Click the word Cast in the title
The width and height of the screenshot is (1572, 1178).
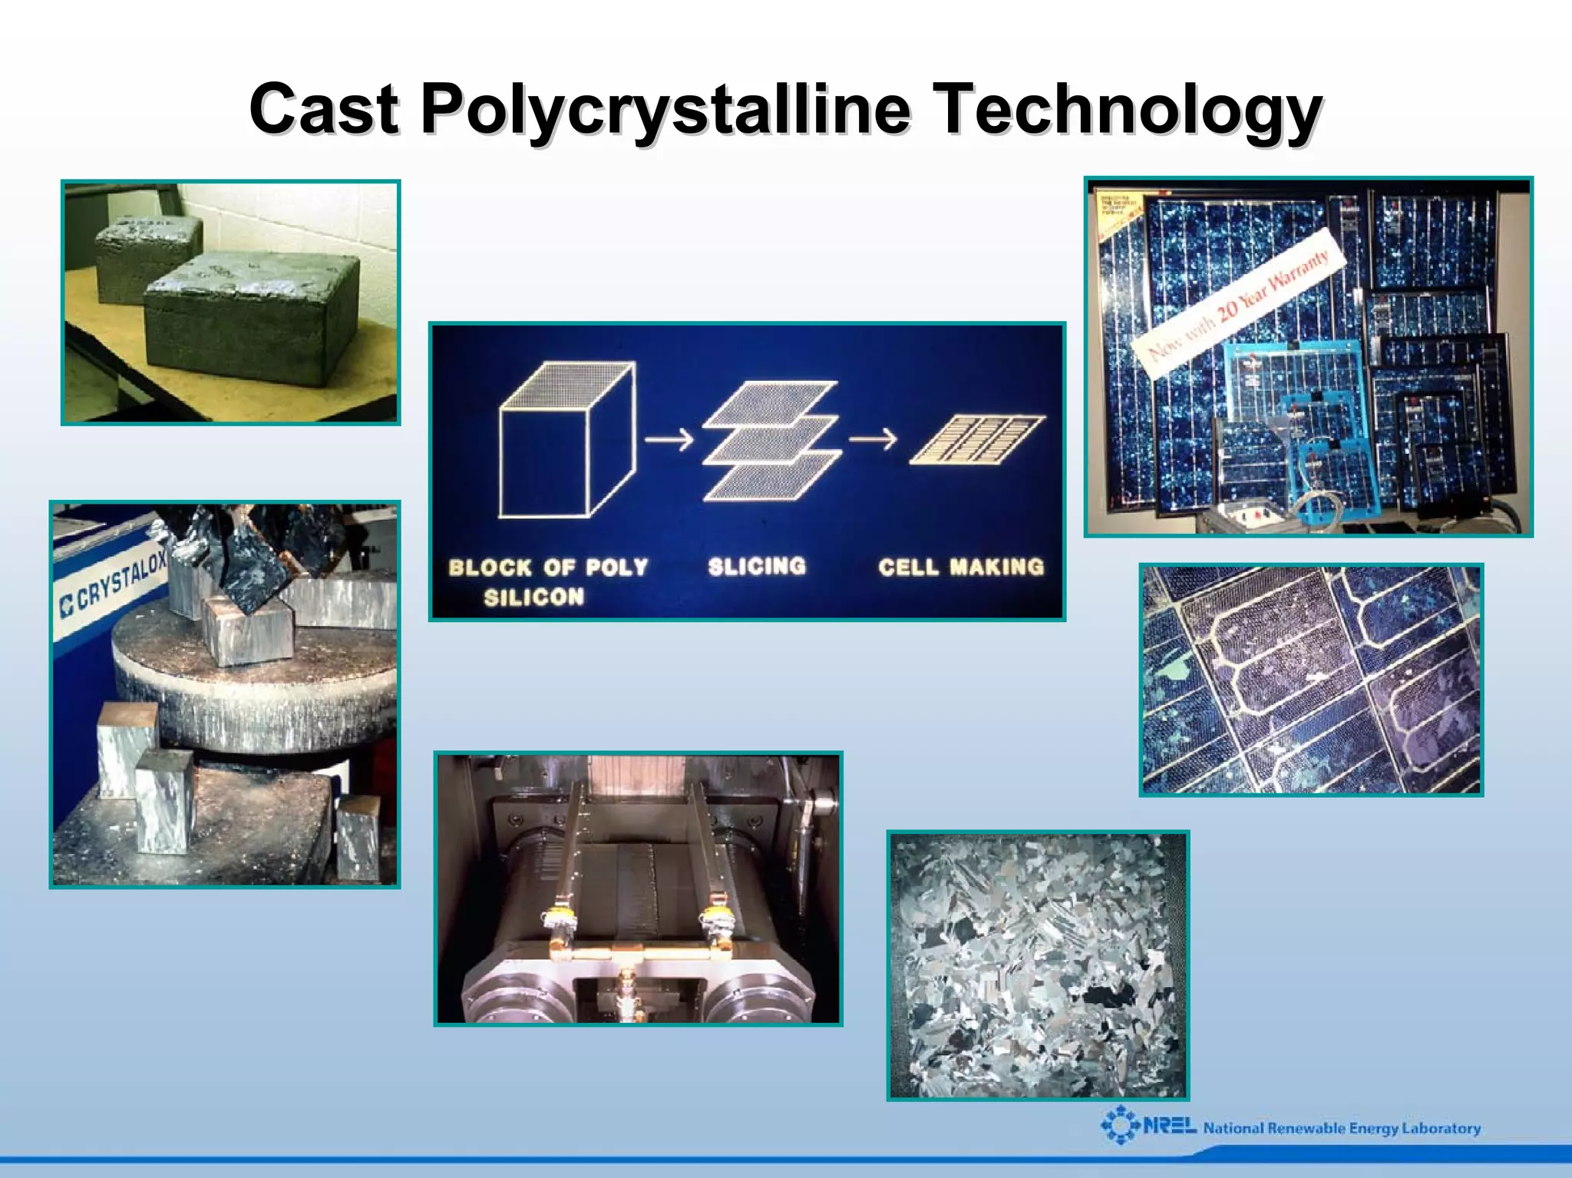(x=324, y=109)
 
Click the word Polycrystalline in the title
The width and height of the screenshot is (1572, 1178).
(x=665, y=109)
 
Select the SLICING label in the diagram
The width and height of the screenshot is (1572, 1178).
(x=757, y=567)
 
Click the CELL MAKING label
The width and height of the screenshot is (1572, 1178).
(x=961, y=567)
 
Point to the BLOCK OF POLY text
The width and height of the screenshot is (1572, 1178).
(x=548, y=568)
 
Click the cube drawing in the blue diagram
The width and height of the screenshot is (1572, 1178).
(x=566, y=441)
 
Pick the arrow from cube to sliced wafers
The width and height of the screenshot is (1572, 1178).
(x=669, y=440)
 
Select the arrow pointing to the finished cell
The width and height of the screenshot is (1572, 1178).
(x=873, y=439)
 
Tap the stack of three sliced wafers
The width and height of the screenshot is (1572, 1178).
(x=771, y=441)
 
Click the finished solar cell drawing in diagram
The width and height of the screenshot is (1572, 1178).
(x=977, y=439)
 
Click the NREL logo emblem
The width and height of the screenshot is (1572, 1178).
(x=1120, y=1126)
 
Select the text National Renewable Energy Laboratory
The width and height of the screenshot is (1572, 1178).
(x=1342, y=1128)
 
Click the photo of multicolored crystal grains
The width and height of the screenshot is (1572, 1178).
(x=1038, y=965)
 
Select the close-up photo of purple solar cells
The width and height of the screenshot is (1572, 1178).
(x=1310, y=680)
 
